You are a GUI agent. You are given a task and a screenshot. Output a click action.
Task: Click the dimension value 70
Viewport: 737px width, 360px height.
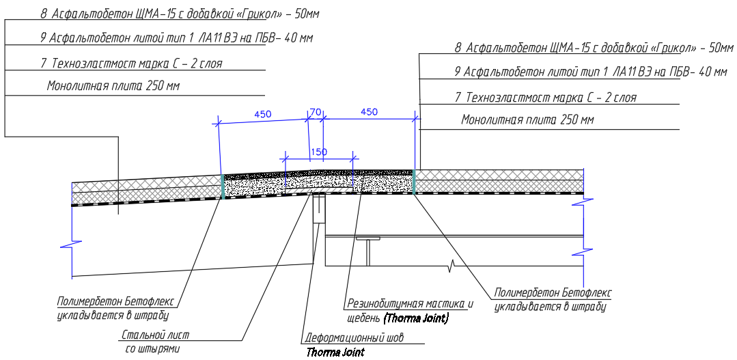click(315, 112)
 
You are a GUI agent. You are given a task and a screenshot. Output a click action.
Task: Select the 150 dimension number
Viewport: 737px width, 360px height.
click(318, 152)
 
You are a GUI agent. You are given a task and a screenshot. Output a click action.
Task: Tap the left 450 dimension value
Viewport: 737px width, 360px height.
click(263, 114)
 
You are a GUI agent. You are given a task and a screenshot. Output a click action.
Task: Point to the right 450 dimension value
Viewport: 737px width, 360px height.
click(369, 112)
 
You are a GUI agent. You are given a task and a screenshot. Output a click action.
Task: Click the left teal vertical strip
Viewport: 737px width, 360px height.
click(223, 186)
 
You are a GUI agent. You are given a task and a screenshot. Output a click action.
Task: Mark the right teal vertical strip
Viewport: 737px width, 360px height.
click(414, 182)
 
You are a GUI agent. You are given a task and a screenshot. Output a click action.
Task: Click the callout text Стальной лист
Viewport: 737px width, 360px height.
click(156, 335)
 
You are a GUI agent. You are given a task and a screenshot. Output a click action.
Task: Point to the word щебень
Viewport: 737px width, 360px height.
click(363, 318)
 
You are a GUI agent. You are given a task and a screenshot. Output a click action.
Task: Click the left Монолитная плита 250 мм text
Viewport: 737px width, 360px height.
click(113, 86)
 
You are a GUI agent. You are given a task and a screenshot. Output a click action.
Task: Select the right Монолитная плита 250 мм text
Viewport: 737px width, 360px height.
click(527, 120)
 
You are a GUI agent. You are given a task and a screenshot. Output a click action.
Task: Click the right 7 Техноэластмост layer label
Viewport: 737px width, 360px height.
click(546, 98)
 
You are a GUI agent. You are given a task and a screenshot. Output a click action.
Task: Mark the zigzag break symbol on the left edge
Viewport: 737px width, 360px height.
click(72, 245)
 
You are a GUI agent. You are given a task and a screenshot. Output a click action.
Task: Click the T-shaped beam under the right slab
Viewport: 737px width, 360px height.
click(369, 251)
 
